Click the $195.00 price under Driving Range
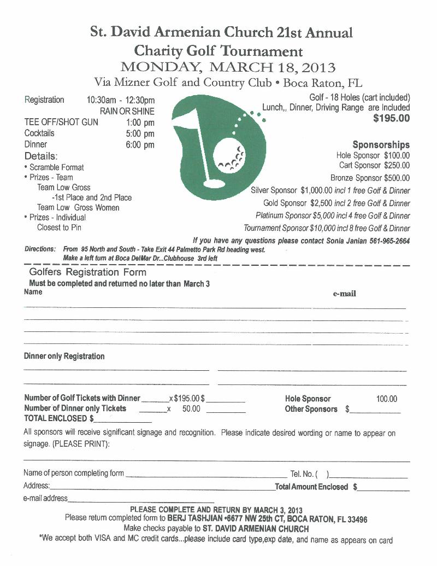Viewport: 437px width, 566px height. tap(391, 118)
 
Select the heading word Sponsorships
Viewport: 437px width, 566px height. tap(381, 145)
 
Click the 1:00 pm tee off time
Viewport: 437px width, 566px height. tap(140, 122)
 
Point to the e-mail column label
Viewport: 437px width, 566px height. tap(345, 294)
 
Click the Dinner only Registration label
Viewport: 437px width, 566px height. tap(64, 357)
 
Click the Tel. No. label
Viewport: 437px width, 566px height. tap(302, 474)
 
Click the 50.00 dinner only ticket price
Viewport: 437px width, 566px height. tap(191, 409)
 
